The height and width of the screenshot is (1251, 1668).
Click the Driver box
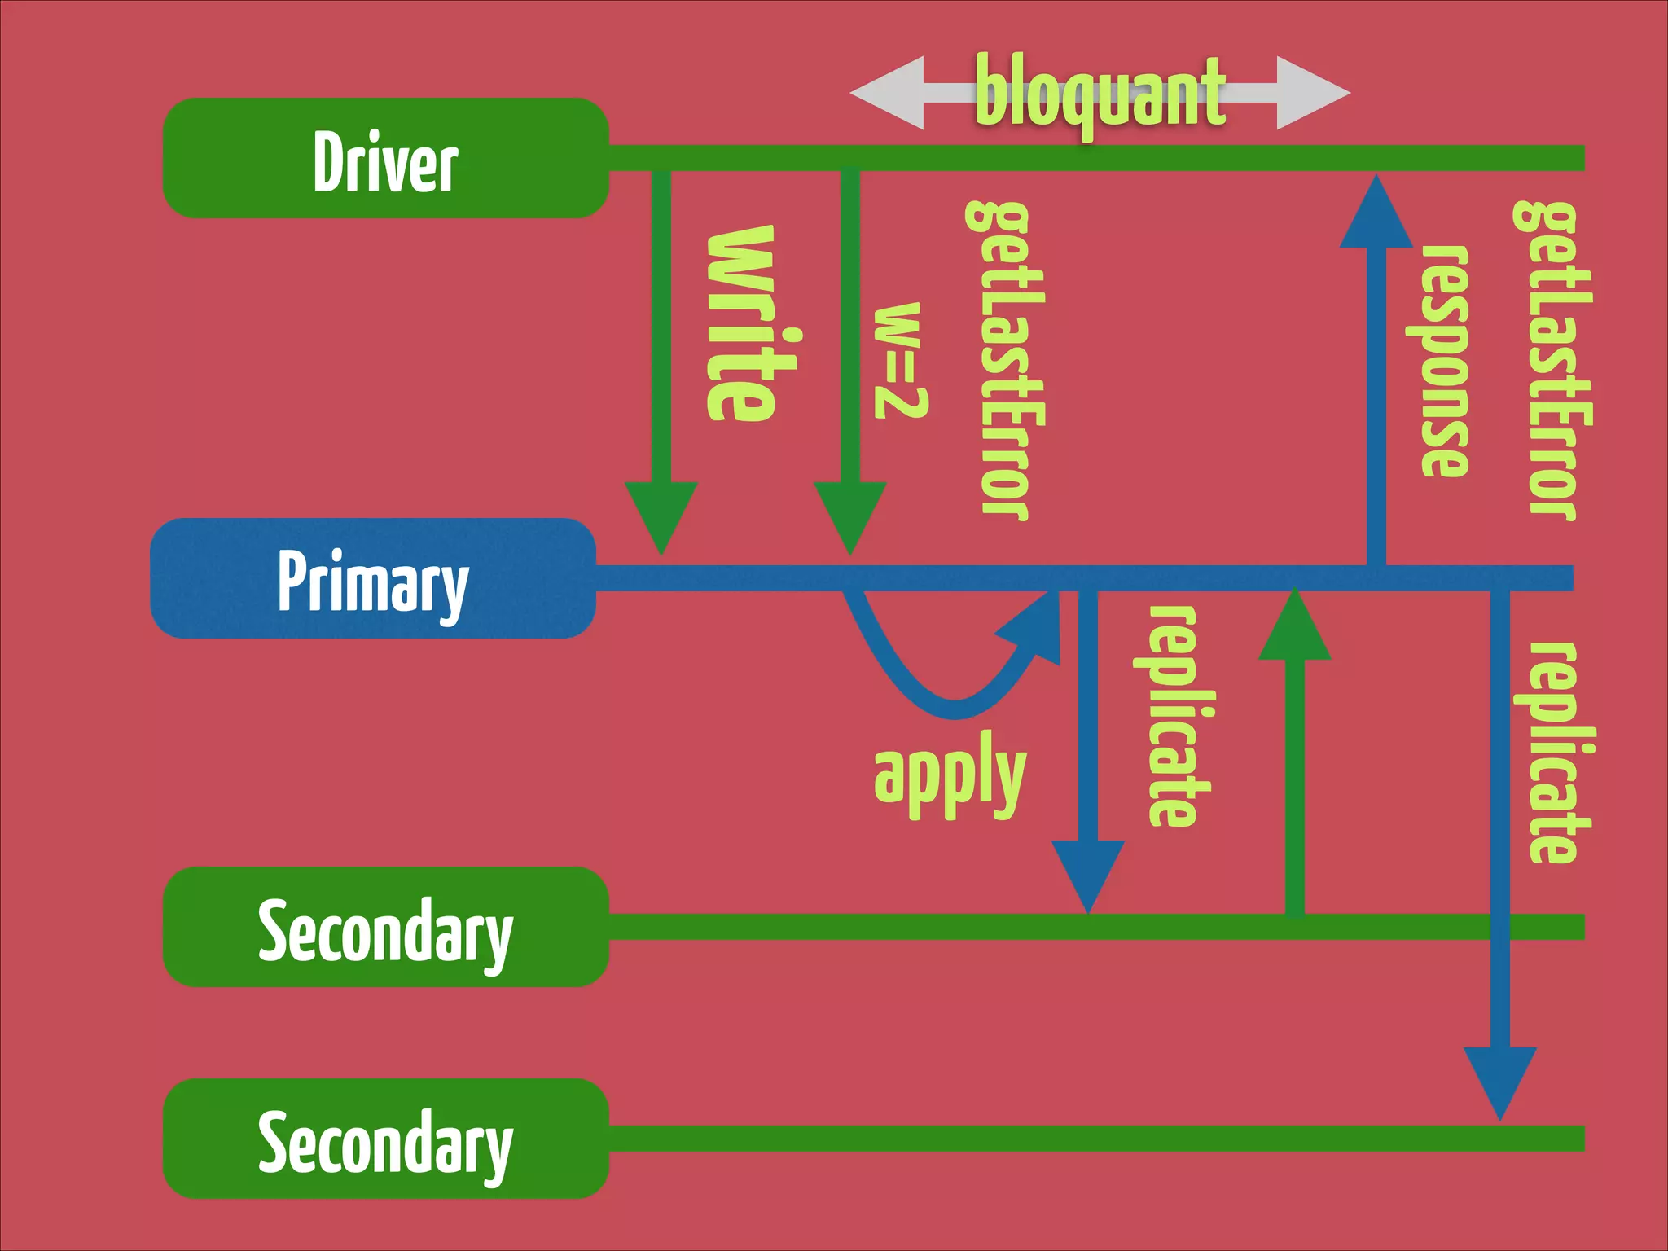click(385, 159)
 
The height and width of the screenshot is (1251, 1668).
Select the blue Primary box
click(373, 578)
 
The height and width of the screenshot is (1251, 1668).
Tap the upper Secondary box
click(385, 927)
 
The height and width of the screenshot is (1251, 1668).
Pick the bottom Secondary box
click(385, 1139)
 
